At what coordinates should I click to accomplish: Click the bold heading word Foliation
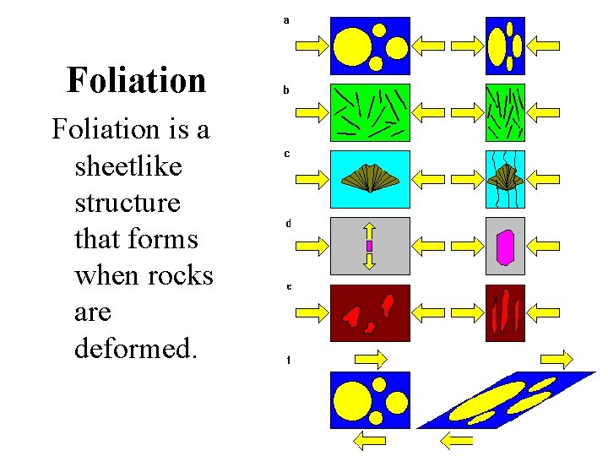(x=136, y=80)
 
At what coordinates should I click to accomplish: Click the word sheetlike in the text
(x=128, y=166)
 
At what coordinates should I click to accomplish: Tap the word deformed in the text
(x=135, y=349)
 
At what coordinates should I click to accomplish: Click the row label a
(x=287, y=19)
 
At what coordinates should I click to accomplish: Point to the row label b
(x=287, y=88)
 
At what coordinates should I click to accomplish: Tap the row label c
(x=287, y=154)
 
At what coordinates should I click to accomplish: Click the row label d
(x=288, y=224)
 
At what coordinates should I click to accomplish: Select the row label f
(x=288, y=361)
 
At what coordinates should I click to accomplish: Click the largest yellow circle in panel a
(x=353, y=46)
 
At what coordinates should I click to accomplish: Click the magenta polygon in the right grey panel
(x=505, y=247)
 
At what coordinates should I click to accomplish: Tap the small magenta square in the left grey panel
(x=369, y=246)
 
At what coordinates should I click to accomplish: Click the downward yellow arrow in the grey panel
(x=369, y=260)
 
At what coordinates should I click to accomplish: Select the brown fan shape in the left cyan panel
(x=370, y=176)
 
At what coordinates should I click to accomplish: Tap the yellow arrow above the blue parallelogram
(x=556, y=360)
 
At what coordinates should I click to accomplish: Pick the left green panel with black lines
(x=370, y=111)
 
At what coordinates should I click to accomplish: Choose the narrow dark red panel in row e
(x=505, y=312)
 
